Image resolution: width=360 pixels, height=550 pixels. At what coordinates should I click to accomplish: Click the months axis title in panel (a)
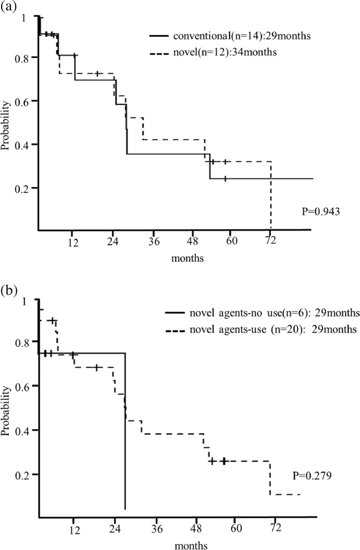click(188, 258)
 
